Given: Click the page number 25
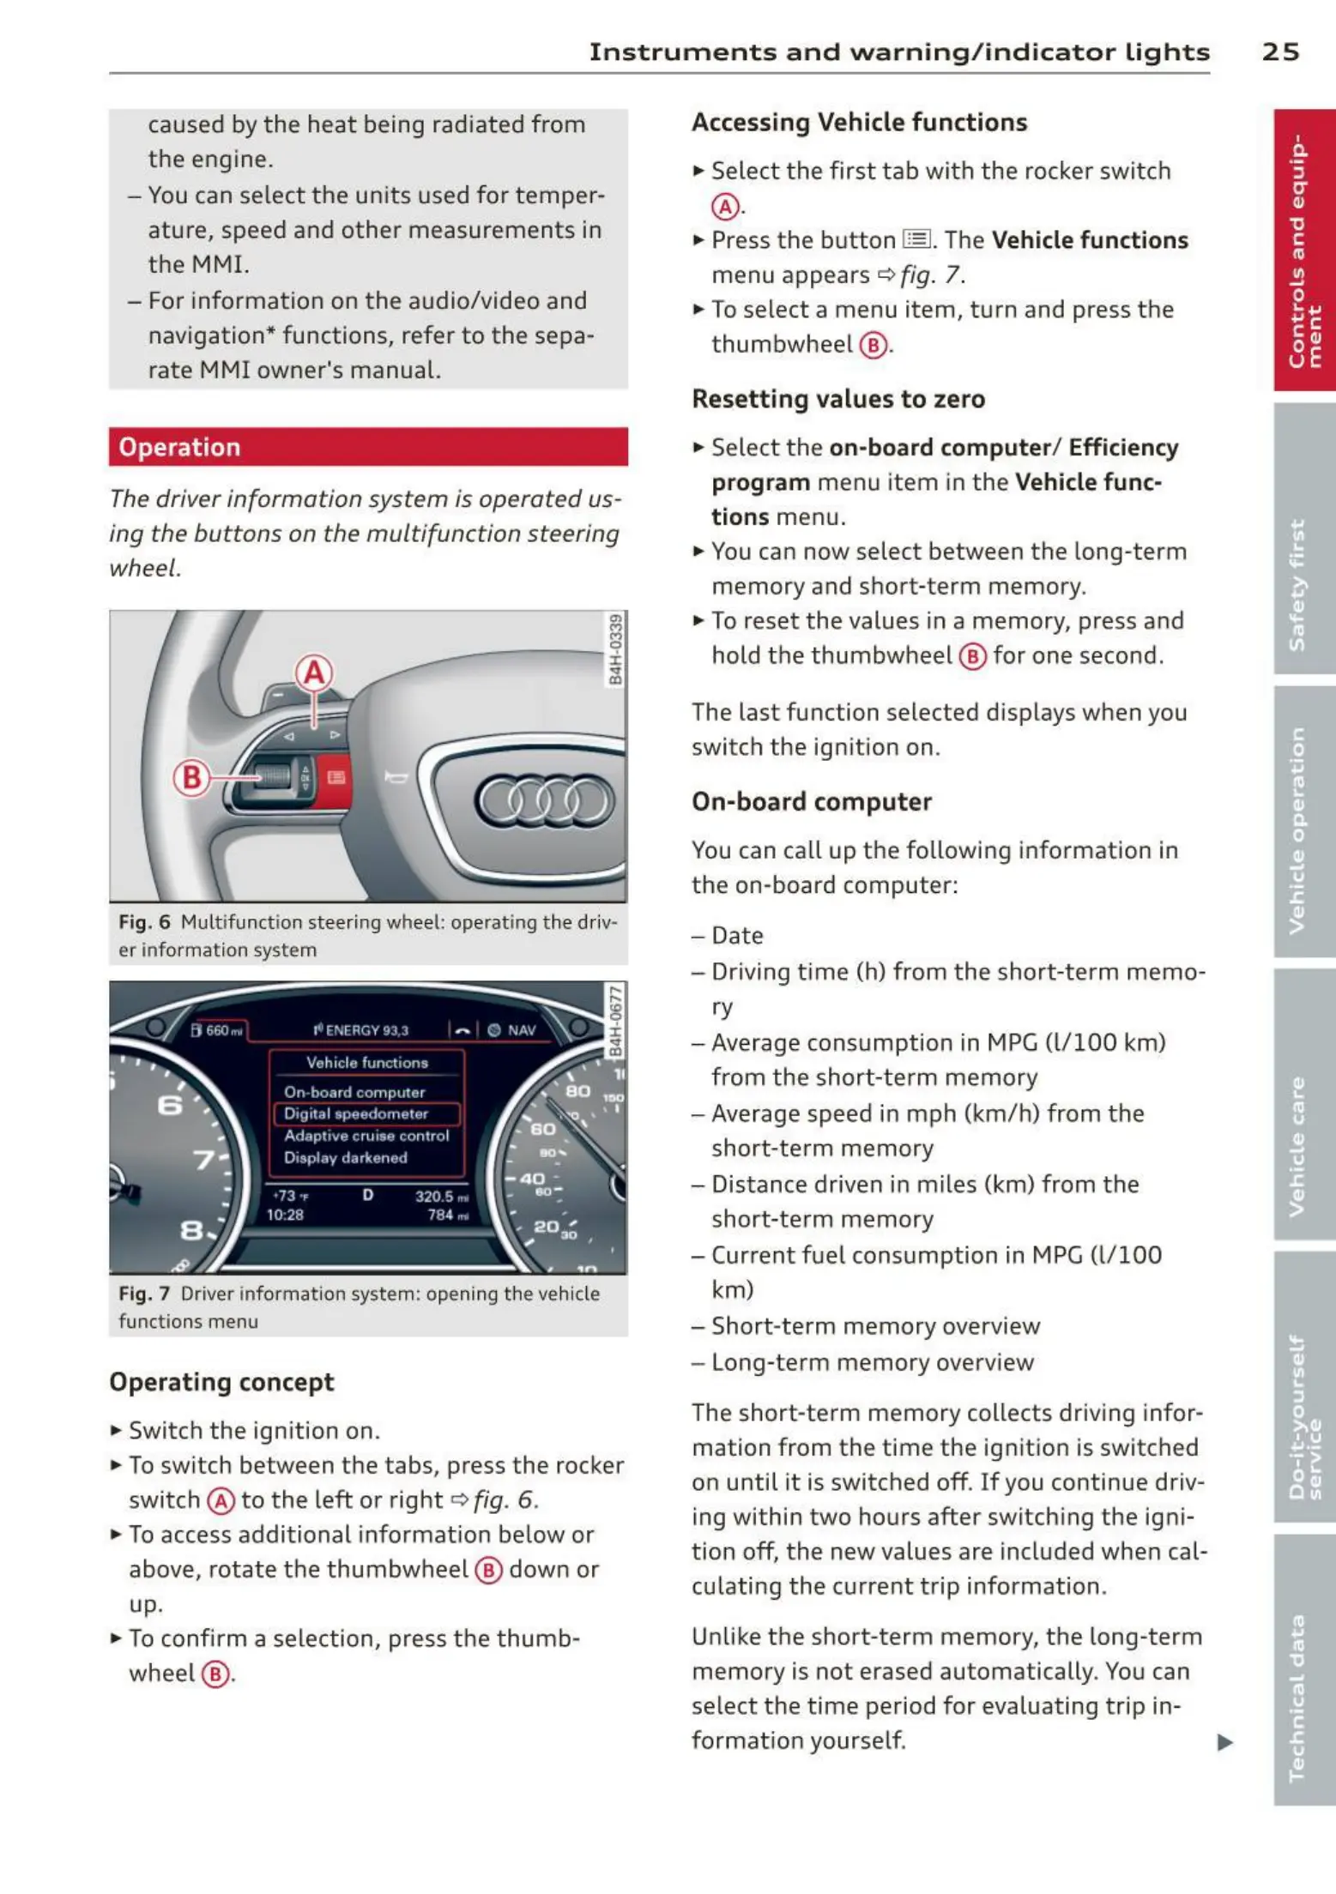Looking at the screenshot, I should point(1279,51).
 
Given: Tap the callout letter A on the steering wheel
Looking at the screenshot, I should point(314,673).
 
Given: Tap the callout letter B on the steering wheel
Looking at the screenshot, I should point(191,777).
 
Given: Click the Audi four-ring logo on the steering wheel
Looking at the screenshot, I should point(545,801).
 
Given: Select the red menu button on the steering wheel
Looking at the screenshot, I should point(336,777).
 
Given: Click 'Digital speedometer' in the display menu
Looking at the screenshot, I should point(356,1113).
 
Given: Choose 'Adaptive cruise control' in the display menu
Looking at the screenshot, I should point(366,1136).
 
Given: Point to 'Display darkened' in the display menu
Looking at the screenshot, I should point(346,1158).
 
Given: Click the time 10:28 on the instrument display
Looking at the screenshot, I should point(285,1215).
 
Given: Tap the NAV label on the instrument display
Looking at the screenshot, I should point(521,1030).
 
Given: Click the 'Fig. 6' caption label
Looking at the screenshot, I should point(144,922).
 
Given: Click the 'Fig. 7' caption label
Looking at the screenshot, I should point(144,1294).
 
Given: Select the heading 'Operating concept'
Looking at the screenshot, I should point(221,1382).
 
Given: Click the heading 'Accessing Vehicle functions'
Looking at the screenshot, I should point(859,123).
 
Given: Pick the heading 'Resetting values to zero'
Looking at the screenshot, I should point(838,399).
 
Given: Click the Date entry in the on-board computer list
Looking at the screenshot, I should point(737,935).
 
